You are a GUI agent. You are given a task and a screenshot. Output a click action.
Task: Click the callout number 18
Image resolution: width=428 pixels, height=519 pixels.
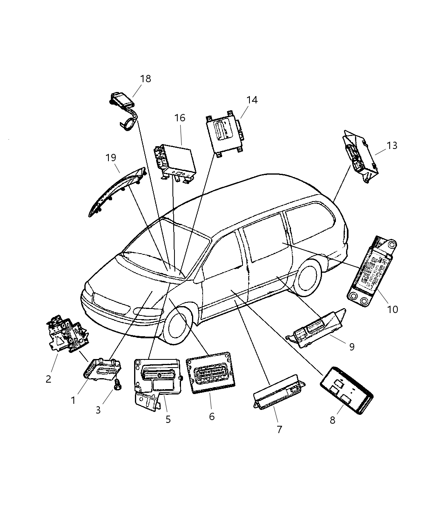point(145,79)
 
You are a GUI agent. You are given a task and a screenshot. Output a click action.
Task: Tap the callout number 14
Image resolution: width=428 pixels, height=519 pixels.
point(252,100)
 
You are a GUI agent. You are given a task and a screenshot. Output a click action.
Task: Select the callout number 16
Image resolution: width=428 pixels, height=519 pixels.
point(180,118)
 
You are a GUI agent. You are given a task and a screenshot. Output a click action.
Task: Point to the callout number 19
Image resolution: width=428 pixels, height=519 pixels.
point(111,158)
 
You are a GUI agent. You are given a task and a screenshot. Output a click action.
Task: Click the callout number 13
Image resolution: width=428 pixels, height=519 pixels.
point(392,145)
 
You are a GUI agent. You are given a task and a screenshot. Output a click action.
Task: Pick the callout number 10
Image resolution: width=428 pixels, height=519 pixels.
point(392,309)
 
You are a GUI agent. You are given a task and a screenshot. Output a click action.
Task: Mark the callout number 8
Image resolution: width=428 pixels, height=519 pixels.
point(333,420)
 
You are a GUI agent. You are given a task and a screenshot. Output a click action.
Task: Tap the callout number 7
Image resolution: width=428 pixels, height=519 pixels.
point(279,429)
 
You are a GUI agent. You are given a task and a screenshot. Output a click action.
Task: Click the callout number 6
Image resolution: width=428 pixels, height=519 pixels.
point(212,416)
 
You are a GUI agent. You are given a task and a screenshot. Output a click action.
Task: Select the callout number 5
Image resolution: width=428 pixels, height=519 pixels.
point(168,419)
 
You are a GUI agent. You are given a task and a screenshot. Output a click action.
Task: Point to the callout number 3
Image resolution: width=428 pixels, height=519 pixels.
point(98,410)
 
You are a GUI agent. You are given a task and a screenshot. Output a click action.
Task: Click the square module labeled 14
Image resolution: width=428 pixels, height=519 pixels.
point(224,134)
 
